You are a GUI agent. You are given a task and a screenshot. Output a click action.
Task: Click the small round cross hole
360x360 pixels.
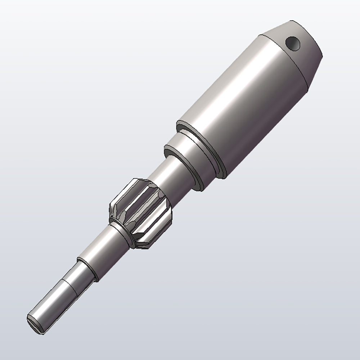click(293, 43)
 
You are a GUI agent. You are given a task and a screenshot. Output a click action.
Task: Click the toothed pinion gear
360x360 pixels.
click(140, 212)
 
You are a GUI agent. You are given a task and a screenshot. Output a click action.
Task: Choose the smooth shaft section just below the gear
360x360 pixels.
click(108, 245)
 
